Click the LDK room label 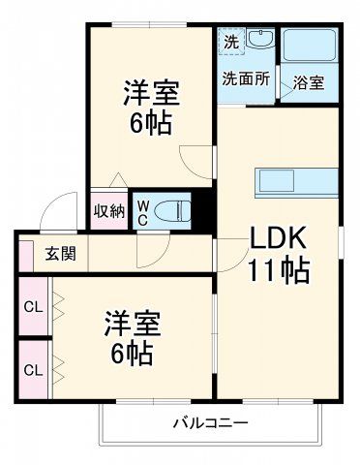(x=281, y=237)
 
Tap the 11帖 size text (x=281, y=270)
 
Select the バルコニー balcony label (x=211, y=423)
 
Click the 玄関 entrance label (x=61, y=256)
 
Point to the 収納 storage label (x=108, y=211)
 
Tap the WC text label (x=143, y=210)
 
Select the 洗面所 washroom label (x=245, y=79)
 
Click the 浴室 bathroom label (x=311, y=83)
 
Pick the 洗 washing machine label (x=230, y=42)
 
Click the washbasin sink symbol (x=260, y=42)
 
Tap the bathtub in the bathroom (x=310, y=46)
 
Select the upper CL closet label (x=33, y=308)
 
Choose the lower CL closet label (x=33, y=369)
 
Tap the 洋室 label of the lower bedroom (x=133, y=324)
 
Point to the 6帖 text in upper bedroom (x=151, y=127)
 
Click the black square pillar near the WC (x=203, y=209)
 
